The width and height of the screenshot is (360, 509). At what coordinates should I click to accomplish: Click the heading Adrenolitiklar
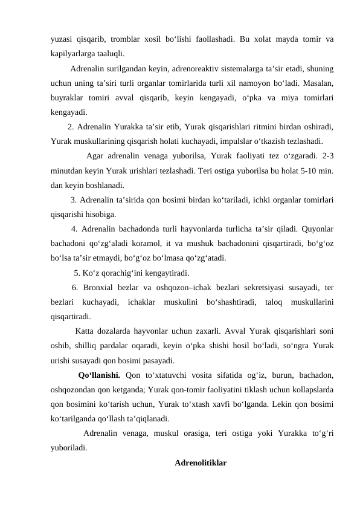200,463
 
